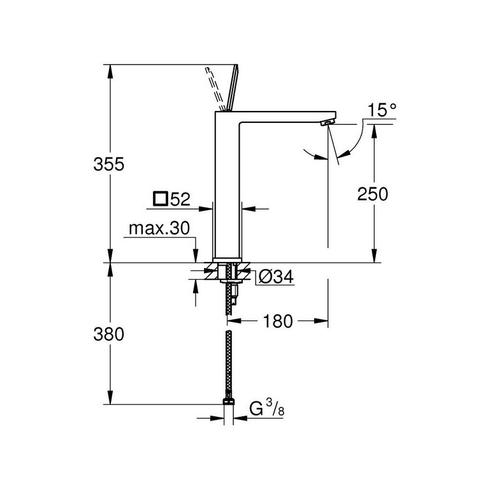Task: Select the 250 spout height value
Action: pos(373,194)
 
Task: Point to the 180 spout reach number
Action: pos(276,321)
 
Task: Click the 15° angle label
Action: pos(381,110)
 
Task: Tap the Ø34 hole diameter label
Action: pos(276,277)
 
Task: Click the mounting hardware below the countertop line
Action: pos(228,273)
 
